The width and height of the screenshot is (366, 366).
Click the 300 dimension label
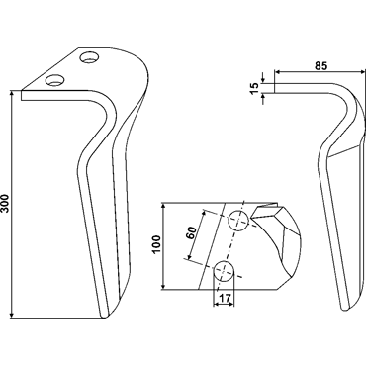tap(7, 204)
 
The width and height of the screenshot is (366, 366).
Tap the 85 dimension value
tap(320, 66)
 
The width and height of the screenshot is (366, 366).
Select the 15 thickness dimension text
tap(255, 88)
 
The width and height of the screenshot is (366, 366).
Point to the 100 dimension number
tap(156, 244)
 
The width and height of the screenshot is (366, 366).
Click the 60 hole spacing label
tap(192, 233)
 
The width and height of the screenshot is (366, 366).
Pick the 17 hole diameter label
tap(225, 299)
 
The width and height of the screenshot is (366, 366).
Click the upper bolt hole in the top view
tap(238, 221)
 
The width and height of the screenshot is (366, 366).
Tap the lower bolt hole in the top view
tap(224, 271)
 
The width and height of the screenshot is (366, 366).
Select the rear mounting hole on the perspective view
tap(90, 57)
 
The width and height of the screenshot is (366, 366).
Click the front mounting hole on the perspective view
tap(54, 80)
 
